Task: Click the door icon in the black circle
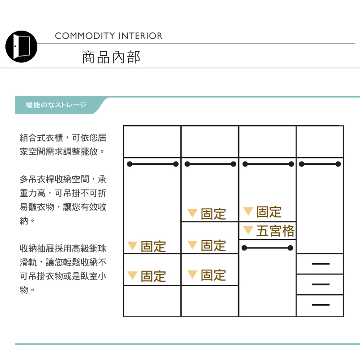click(x=21, y=46)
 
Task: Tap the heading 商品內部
click(x=111, y=57)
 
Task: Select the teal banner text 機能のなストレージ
click(x=56, y=105)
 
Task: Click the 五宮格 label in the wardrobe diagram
click(x=275, y=231)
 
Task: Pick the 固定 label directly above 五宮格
click(x=269, y=212)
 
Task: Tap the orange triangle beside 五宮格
click(x=248, y=230)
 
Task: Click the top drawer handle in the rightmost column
click(x=320, y=264)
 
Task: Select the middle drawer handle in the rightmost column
click(x=320, y=284)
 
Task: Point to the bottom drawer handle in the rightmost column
click(x=320, y=305)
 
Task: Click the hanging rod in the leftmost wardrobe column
click(x=152, y=164)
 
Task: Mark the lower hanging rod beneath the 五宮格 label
click(x=267, y=247)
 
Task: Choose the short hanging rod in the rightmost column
click(x=319, y=164)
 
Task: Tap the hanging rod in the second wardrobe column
click(x=209, y=164)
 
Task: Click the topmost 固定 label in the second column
click(x=213, y=214)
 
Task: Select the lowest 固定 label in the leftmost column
click(x=153, y=276)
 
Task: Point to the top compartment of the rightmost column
click(x=319, y=142)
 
